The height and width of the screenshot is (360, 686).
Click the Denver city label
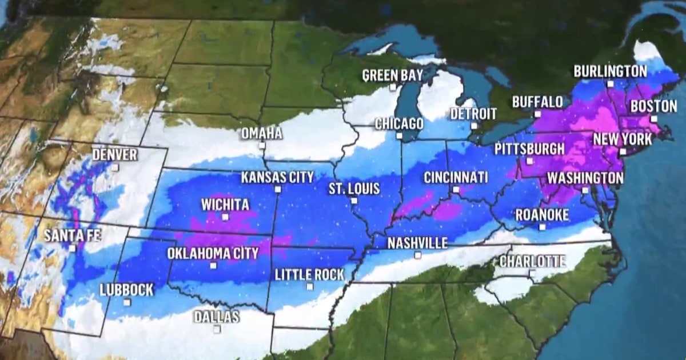(x=114, y=154)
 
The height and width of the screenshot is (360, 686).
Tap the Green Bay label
(x=392, y=75)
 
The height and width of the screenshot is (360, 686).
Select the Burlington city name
(x=610, y=71)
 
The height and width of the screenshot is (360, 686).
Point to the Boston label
(x=653, y=106)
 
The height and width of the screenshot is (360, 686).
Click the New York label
(x=622, y=139)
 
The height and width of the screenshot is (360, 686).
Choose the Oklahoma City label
(x=213, y=253)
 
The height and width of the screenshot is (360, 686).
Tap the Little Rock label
(x=309, y=274)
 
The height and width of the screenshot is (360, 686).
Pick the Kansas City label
(x=277, y=177)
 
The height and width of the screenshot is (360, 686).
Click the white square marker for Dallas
(x=217, y=329)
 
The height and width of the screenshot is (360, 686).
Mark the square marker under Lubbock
(x=127, y=302)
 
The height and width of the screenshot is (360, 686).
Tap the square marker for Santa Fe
(x=73, y=248)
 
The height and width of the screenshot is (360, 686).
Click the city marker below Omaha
(x=262, y=146)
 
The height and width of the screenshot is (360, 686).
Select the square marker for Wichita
(x=225, y=217)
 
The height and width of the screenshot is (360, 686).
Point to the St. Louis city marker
(x=354, y=201)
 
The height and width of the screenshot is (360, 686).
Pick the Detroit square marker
(x=473, y=126)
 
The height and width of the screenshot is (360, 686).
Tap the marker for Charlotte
(x=532, y=273)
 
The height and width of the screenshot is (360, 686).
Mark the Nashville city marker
(x=417, y=255)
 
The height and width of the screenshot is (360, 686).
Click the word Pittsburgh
(x=529, y=149)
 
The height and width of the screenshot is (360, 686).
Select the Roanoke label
(x=542, y=215)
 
